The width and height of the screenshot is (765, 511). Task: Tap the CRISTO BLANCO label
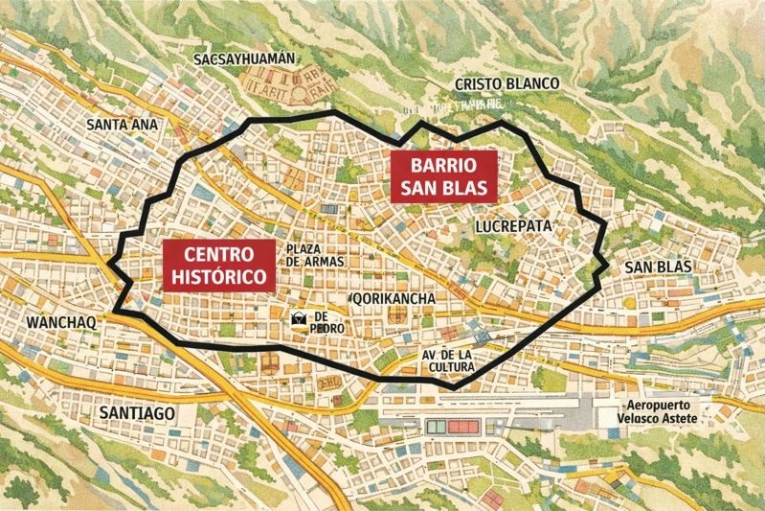pyautogui.click(x=506, y=84)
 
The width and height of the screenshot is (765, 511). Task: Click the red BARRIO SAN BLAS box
pyautogui.click(x=442, y=175)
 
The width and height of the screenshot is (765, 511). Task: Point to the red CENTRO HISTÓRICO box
pyautogui.click(x=217, y=265)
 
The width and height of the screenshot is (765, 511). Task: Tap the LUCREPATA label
pyautogui.click(x=513, y=226)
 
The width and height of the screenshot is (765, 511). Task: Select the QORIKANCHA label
pyautogui.click(x=394, y=299)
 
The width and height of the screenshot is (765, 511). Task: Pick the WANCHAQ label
pyautogui.click(x=62, y=321)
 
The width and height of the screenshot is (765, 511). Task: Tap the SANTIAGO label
pyautogui.click(x=137, y=412)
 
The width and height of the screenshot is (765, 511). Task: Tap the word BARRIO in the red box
pyautogui.click(x=442, y=164)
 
